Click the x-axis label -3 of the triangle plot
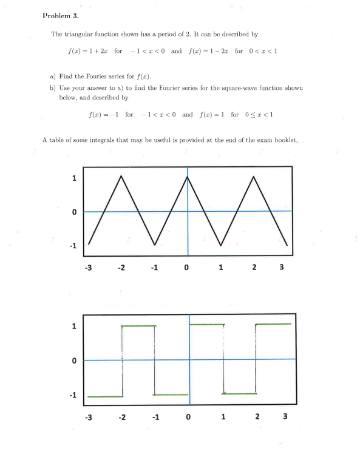click(x=88, y=267)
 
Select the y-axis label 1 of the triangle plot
click(x=73, y=178)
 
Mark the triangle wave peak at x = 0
click(x=188, y=177)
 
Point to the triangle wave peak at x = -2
click(x=122, y=177)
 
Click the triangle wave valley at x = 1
click(x=221, y=245)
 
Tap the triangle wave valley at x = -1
click(x=155, y=245)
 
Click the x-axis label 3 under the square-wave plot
click(x=285, y=416)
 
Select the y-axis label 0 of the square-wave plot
click(x=73, y=361)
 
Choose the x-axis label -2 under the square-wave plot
click(x=122, y=416)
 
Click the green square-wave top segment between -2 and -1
click(x=138, y=327)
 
